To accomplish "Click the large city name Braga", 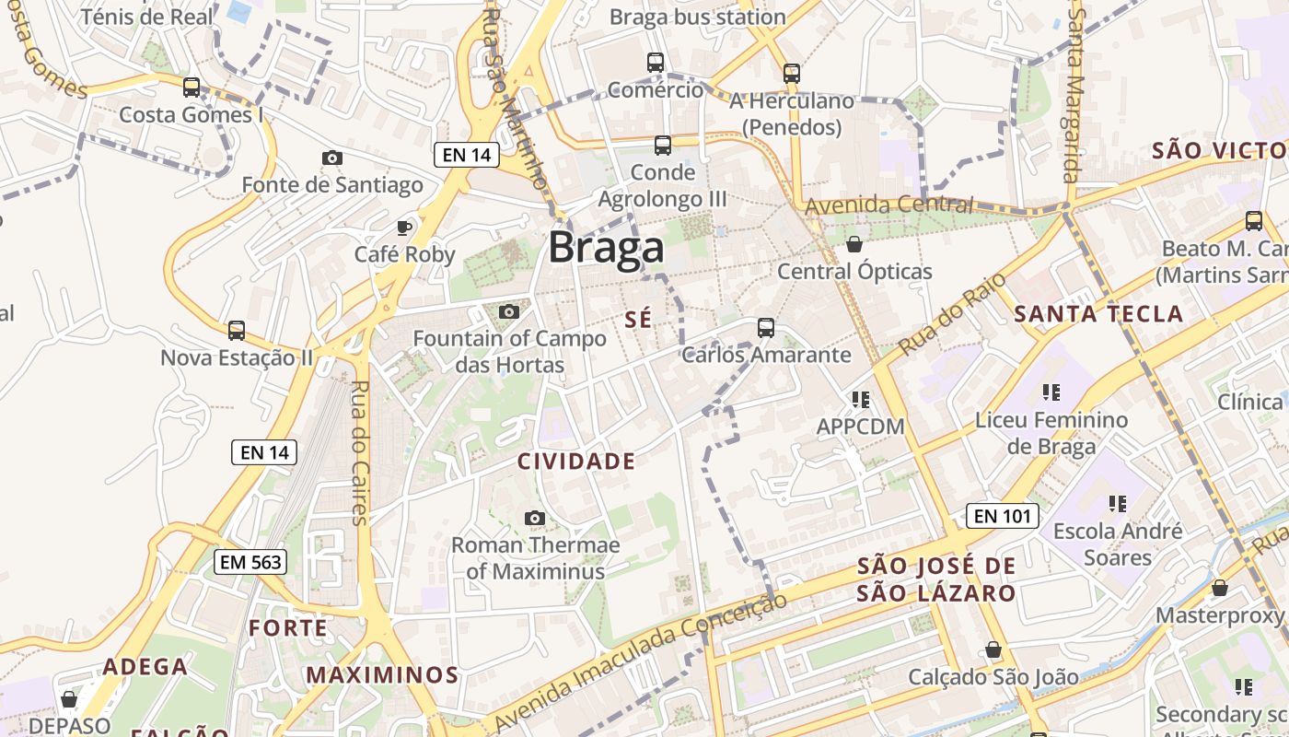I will (607, 249).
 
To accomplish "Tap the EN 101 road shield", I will (1003, 516).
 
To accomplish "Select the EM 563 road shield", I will (250, 562).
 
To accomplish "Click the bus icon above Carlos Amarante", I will (765, 327).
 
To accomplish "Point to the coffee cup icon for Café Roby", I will (403, 227).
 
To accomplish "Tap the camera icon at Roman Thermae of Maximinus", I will (534, 519).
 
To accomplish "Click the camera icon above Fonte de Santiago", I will (332, 158).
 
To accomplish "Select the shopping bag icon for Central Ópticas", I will (854, 244).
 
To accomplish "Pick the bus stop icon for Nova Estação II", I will (237, 330).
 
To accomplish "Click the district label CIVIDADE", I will (576, 462).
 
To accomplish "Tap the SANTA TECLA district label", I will (1098, 314).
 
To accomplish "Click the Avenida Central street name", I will (888, 205).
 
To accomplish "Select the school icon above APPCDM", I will (861, 400).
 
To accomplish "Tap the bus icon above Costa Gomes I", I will (192, 88).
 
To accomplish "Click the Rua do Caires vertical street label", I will (359, 452).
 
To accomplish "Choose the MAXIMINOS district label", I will (382, 675).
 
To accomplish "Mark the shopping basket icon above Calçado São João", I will (993, 650).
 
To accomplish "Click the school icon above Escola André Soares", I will (1118, 504).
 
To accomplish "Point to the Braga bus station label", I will (698, 17).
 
